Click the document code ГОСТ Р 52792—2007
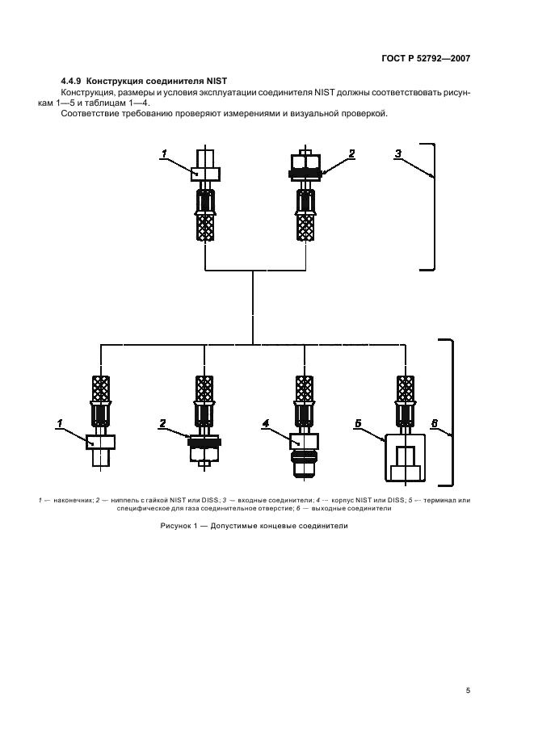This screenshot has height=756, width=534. pyautogui.click(x=426, y=58)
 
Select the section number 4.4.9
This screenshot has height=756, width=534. pyautogui.click(x=71, y=81)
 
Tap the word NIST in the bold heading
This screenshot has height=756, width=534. pyautogui.click(x=217, y=81)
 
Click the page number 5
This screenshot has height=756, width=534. pyautogui.click(x=468, y=691)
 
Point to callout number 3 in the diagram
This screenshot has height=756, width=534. pyautogui.click(x=398, y=153)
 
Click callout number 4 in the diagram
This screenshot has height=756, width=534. pyautogui.click(x=265, y=424)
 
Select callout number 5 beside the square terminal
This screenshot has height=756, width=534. pyautogui.click(x=358, y=424)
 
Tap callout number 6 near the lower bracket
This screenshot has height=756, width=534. pyautogui.click(x=434, y=424)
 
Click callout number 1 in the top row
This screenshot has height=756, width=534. pyautogui.click(x=164, y=153)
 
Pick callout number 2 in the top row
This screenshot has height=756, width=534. pyautogui.click(x=351, y=153)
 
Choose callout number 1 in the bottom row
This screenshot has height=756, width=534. pyautogui.click(x=60, y=424)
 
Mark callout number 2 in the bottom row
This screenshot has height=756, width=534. pyautogui.click(x=162, y=424)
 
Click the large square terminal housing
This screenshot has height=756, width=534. pyautogui.click(x=406, y=457)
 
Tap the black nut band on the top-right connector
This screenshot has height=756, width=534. pyautogui.click(x=306, y=172)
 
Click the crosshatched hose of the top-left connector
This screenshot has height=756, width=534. pyautogui.click(x=205, y=227)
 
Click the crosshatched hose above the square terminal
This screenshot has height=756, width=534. pyautogui.click(x=406, y=388)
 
